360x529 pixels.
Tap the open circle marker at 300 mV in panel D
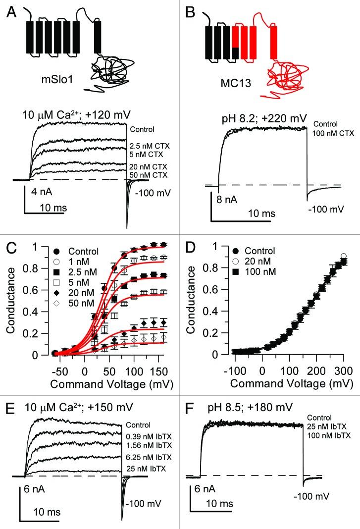pyautogui.click(x=343, y=256)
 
